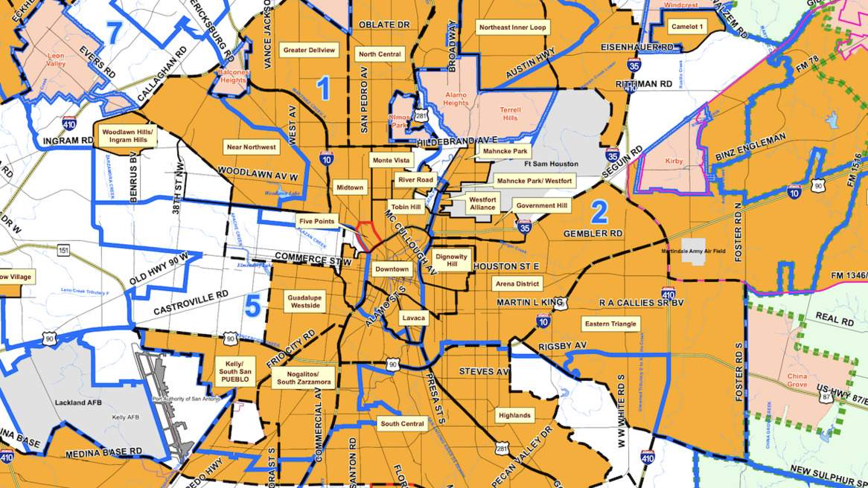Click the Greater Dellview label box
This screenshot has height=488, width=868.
tap(310, 51)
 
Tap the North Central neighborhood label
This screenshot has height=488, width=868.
tap(380, 54)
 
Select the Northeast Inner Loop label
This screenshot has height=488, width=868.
tap(512, 28)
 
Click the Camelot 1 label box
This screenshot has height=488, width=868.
tap(687, 27)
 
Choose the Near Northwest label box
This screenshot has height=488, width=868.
tap(251, 147)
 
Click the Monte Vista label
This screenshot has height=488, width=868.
tap(391, 161)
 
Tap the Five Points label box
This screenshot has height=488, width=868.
tap(317, 222)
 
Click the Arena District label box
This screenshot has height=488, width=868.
tap(517, 283)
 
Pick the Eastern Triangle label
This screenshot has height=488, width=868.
tap(610, 324)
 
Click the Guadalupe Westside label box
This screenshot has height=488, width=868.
tap(305, 301)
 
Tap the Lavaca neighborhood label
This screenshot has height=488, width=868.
tap(414, 318)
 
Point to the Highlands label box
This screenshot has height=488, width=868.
tap(514, 415)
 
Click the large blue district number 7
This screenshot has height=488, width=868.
tap(114, 33)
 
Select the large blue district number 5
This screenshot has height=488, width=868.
tap(253, 306)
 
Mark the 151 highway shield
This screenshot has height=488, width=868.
tap(64, 251)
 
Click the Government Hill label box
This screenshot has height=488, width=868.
tap(541, 206)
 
